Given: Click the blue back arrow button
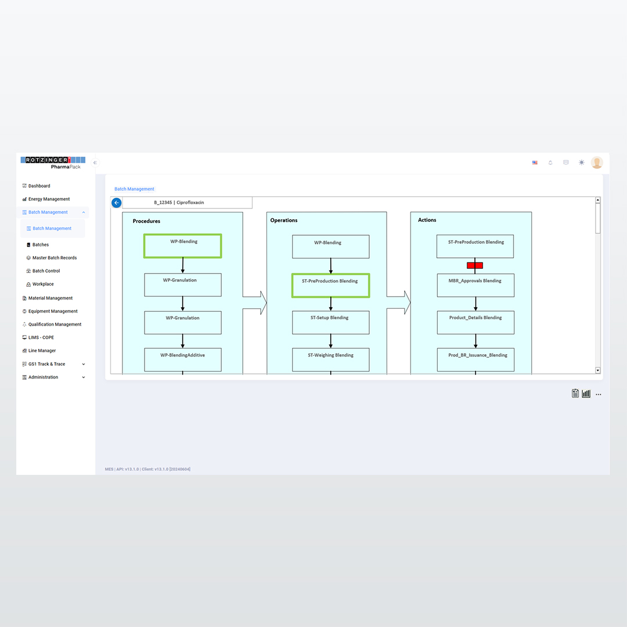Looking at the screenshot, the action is pyautogui.click(x=116, y=203).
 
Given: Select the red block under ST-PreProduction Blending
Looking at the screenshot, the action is pyautogui.click(x=475, y=265).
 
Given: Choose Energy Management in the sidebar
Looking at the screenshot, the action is pyautogui.click(x=46, y=199).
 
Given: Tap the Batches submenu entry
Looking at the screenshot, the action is pyautogui.click(x=38, y=245).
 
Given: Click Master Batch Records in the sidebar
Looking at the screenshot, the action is pyautogui.click(x=52, y=258).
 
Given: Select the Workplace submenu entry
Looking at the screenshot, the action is pyautogui.click(x=40, y=284).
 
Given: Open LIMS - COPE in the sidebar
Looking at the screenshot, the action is pyautogui.click(x=38, y=337).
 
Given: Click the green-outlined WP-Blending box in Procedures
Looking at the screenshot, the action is pyautogui.click(x=183, y=246).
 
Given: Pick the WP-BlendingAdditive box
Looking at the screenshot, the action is pyautogui.click(x=183, y=360).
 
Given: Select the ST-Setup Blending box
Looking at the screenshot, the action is pyautogui.click(x=331, y=323).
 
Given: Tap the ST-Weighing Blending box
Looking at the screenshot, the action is pyautogui.click(x=331, y=360).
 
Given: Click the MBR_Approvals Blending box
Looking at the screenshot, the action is pyautogui.click(x=475, y=286).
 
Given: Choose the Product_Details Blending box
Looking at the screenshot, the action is pyautogui.click(x=475, y=323).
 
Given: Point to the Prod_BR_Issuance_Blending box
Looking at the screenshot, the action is pyautogui.click(x=475, y=360).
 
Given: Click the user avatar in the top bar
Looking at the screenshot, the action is pyautogui.click(x=597, y=163).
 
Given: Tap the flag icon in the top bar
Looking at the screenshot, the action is pyautogui.click(x=535, y=163).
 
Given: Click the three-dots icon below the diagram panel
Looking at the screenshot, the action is pyautogui.click(x=598, y=394).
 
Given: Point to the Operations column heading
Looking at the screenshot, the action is pyautogui.click(x=284, y=221).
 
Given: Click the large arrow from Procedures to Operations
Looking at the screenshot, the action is pyautogui.click(x=255, y=302).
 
